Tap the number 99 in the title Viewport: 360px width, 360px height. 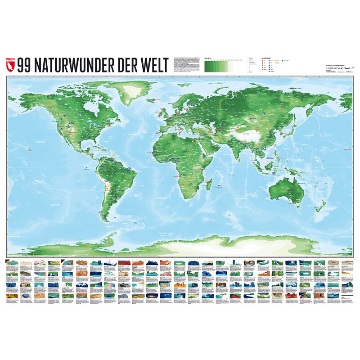(x=25, y=66)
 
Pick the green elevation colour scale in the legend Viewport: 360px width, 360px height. (x=218, y=67)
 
